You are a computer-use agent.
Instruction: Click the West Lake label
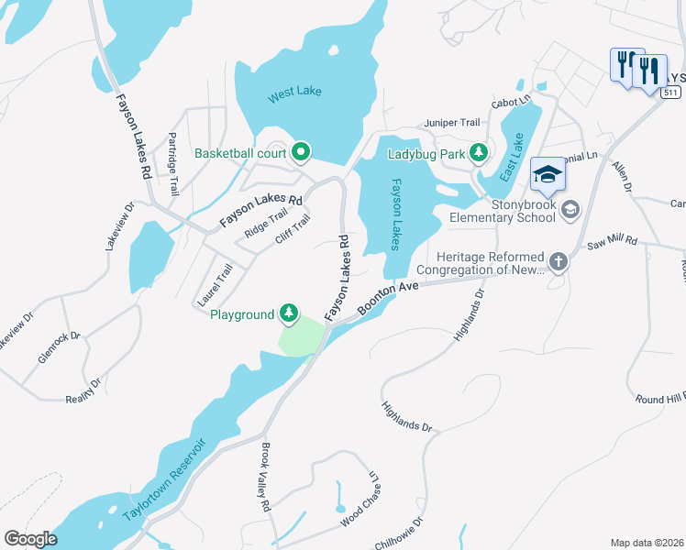coord(294,93)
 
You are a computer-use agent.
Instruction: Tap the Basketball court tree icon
coord(300,153)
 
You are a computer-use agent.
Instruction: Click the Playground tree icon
coord(289,314)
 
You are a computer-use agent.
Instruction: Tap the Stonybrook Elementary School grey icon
coord(570,210)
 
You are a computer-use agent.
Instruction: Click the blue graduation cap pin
coord(546,174)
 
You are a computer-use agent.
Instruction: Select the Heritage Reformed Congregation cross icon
coord(558,262)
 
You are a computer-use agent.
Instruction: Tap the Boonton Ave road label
coord(388,298)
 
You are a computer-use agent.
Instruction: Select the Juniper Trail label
coord(450,122)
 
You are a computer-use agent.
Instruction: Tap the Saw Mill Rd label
coord(612,239)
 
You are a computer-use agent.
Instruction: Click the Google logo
coord(30,539)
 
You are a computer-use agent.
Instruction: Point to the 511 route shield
coord(672,93)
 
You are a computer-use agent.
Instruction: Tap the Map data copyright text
coord(647,542)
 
